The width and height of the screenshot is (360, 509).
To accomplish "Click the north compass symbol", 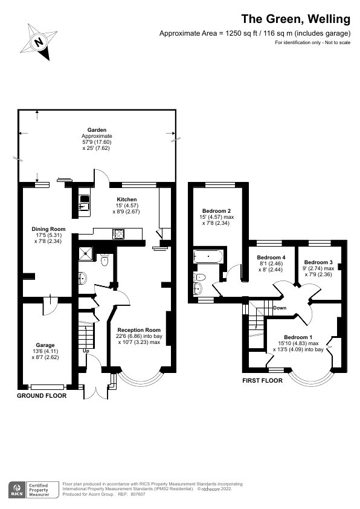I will point(39,41).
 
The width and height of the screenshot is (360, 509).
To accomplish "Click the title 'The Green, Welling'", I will point(296,19).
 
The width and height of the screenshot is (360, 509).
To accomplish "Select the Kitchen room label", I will point(127,199).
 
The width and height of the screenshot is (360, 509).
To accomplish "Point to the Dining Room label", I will point(48,229).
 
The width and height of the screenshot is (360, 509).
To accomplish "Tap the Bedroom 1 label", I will point(298,337).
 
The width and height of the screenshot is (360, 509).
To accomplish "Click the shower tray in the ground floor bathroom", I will point(86,254).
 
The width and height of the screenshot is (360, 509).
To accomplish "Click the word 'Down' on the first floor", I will point(279,308).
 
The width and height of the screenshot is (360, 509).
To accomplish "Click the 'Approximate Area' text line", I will point(254,33).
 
